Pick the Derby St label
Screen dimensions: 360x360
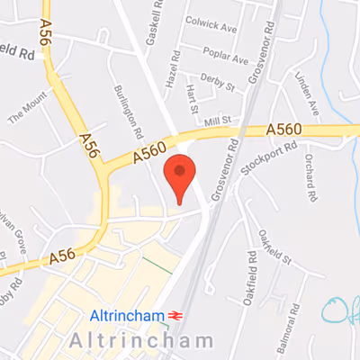[218, 82]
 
